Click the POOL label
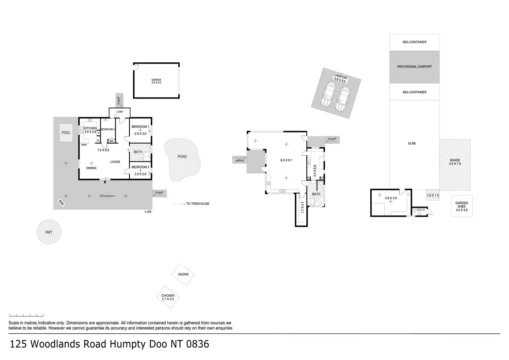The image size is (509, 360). [x=66, y=133]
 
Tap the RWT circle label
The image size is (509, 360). [x=49, y=232]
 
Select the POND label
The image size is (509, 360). [x=182, y=157]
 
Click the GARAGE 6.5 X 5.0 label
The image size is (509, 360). [x=156, y=81]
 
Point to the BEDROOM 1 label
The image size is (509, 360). [x=140, y=127]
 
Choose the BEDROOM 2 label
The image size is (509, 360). [x=140, y=167]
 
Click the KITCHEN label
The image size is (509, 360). [x=90, y=128]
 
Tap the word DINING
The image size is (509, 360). [x=91, y=168]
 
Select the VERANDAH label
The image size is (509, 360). [x=107, y=196]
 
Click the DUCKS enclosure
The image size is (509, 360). [x=183, y=275]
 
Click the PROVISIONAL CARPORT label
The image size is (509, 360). [x=414, y=67]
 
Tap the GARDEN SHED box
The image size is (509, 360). [x=461, y=206]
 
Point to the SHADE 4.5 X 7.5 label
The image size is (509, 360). [x=455, y=162]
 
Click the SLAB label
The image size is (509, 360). [x=411, y=144]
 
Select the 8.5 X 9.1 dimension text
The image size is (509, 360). [x=286, y=160]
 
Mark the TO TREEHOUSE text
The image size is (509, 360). [x=197, y=204]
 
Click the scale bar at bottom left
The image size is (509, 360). [x=27, y=315]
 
